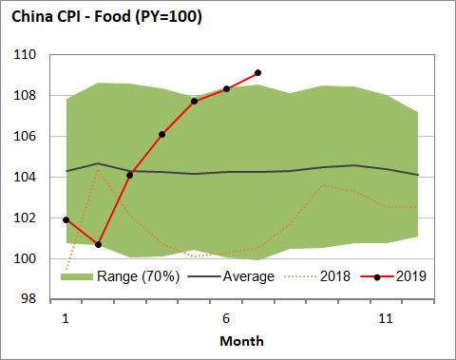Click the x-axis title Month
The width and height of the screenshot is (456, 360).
[241, 340]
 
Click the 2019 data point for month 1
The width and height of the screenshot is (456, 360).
[66, 220]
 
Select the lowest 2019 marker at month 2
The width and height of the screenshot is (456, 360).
[98, 245]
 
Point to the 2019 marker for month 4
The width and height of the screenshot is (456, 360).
[162, 134]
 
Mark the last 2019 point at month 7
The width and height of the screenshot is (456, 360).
[258, 73]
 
